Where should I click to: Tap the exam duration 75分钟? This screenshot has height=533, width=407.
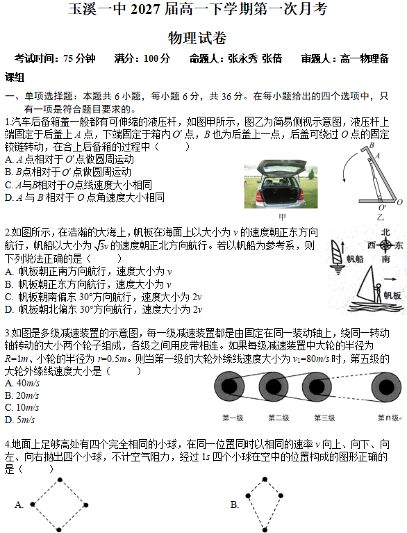point(79,59)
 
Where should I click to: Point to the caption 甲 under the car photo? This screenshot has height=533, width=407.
point(282,215)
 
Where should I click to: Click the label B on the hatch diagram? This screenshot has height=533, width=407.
point(371,145)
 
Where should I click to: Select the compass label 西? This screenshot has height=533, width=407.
point(369,245)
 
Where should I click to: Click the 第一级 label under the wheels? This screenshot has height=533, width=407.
point(233,418)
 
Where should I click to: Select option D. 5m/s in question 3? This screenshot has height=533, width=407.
point(19,420)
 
